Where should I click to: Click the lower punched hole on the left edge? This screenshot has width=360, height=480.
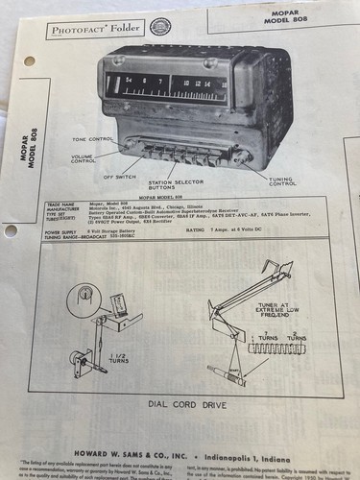pos(10,230)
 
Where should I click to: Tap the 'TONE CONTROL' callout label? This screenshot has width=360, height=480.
pos(93,139)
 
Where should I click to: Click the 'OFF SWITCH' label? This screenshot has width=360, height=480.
pos(119,176)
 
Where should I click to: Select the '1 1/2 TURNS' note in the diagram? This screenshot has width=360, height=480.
pos(128,336)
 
